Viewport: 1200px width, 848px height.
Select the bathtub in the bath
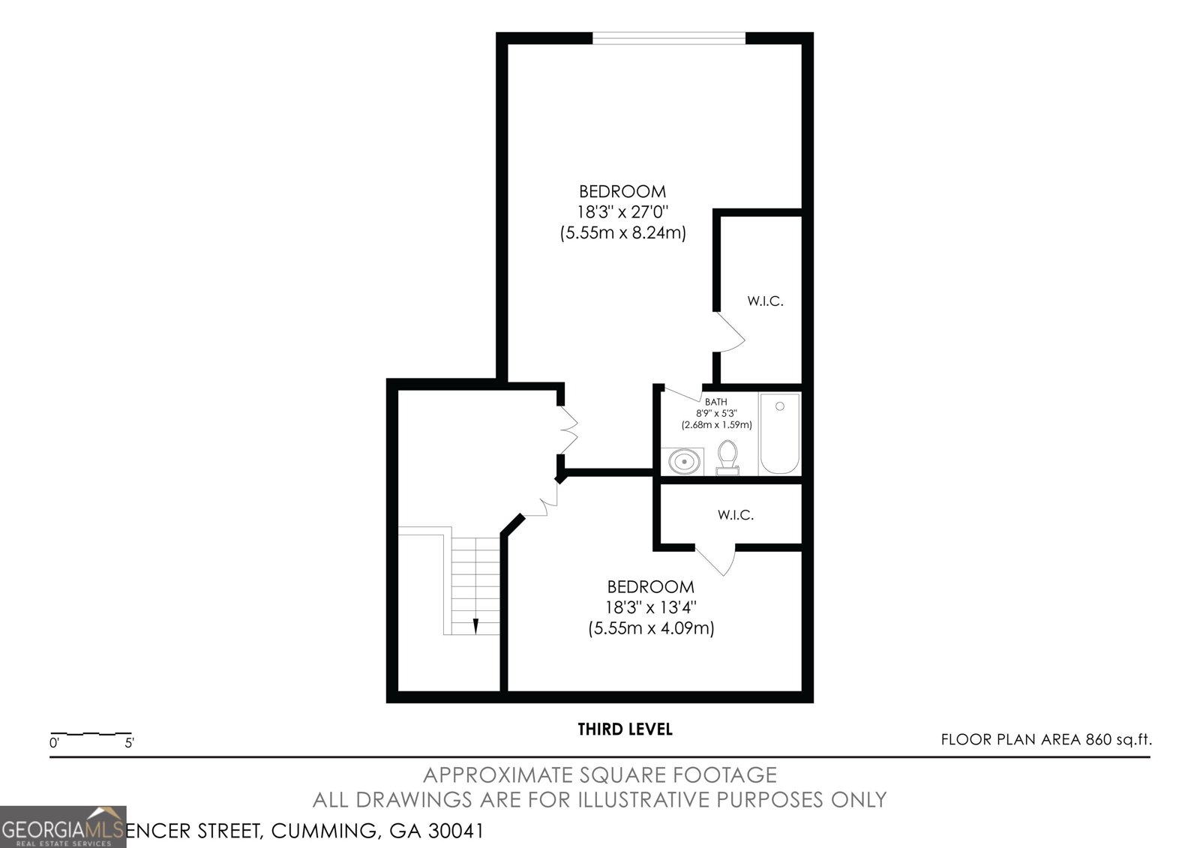click(x=780, y=434)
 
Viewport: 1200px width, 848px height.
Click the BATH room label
click(x=715, y=402)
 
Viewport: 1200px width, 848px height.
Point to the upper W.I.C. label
click(x=765, y=301)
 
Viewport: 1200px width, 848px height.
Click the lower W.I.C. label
click(x=735, y=515)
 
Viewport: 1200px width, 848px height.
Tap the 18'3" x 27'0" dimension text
click(x=622, y=212)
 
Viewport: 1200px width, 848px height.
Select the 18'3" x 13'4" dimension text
click(x=651, y=607)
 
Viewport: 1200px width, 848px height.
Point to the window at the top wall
click(x=669, y=37)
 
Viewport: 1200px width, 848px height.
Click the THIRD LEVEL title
click(x=625, y=729)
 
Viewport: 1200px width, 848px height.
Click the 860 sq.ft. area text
click(x=1117, y=740)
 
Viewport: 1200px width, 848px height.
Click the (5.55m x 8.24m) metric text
click(x=622, y=233)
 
